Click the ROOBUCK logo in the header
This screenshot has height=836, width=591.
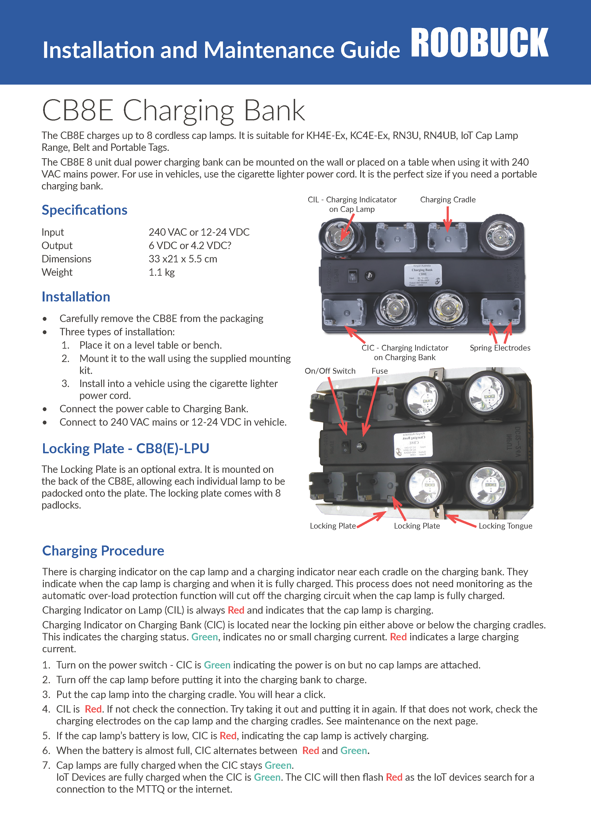click(x=479, y=43)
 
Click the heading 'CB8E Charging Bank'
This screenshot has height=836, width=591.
click(x=173, y=110)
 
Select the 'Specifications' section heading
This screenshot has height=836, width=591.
click(x=84, y=210)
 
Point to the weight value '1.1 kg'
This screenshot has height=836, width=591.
click(x=162, y=272)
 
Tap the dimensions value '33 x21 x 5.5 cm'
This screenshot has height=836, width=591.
click(x=183, y=259)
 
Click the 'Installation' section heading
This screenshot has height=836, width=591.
click(x=76, y=297)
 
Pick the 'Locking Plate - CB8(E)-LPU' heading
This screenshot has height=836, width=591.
click(x=126, y=448)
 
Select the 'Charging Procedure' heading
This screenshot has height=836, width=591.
click(x=103, y=551)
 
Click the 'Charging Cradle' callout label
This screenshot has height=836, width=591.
click(x=448, y=199)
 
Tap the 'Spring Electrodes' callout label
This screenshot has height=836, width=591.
click(x=500, y=348)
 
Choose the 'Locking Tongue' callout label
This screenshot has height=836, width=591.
click(x=505, y=526)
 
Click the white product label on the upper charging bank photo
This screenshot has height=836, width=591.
click(x=423, y=275)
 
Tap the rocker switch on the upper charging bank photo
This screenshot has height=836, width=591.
click(x=352, y=276)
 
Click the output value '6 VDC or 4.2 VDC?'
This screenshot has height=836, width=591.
click(x=190, y=245)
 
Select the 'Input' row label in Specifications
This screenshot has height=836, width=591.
click(x=53, y=232)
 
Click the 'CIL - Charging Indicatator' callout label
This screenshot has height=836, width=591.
click(x=352, y=199)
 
